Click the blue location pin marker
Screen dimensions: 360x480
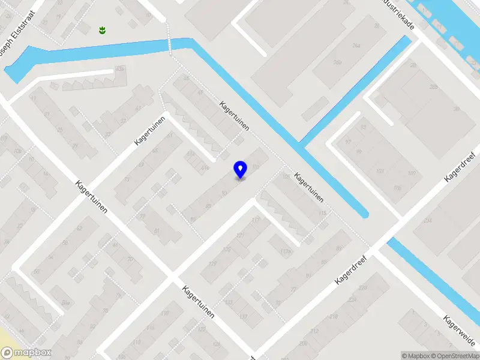click(x=241, y=170)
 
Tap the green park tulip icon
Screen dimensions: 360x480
click(x=101, y=29)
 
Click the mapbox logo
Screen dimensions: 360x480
click(x=26, y=353)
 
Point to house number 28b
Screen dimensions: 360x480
click(x=413, y=64)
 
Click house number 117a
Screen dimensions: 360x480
click(x=285, y=251)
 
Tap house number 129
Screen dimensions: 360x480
click(x=211, y=263)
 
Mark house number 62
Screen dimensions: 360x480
click(x=79, y=228)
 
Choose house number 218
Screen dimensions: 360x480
click(x=334, y=316)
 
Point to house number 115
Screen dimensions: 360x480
click(x=323, y=213)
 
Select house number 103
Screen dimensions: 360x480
click(x=379, y=171)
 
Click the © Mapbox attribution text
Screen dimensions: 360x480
click(x=416, y=356)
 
